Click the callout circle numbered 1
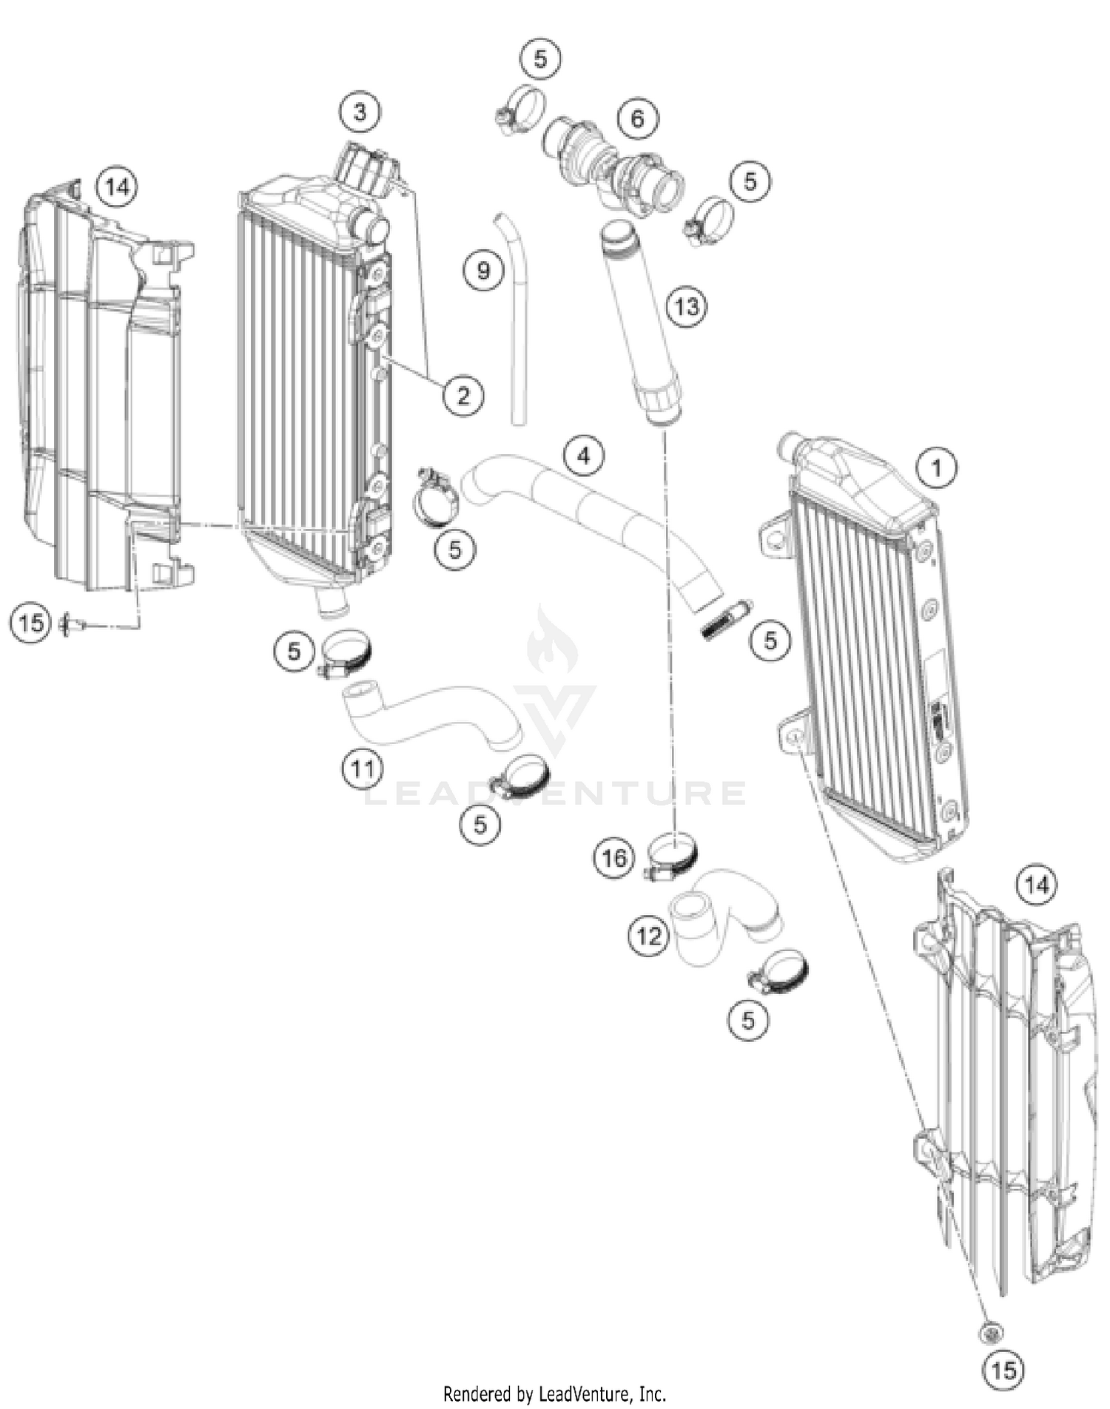click(936, 468)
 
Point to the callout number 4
click(584, 456)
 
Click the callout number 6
click(637, 118)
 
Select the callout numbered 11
click(362, 769)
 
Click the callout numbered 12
click(648, 936)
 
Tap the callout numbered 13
click(687, 305)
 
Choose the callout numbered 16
click(613, 858)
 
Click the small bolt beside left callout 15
click(73, 626)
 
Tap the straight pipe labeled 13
click(637, 325)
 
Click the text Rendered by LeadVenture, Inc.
click(554, 1394)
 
